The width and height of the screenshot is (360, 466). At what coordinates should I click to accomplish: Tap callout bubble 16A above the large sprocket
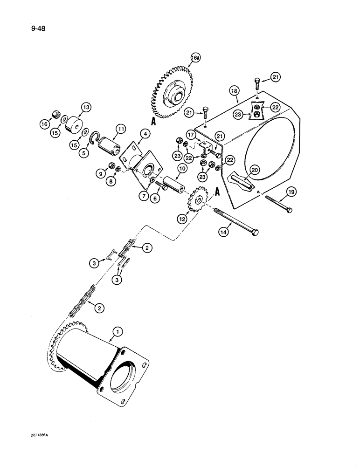[x=181, y=59]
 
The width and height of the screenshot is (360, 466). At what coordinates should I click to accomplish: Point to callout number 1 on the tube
[x=118, y=332]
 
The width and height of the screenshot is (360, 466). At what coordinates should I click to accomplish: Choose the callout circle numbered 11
[x=122, y=129]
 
